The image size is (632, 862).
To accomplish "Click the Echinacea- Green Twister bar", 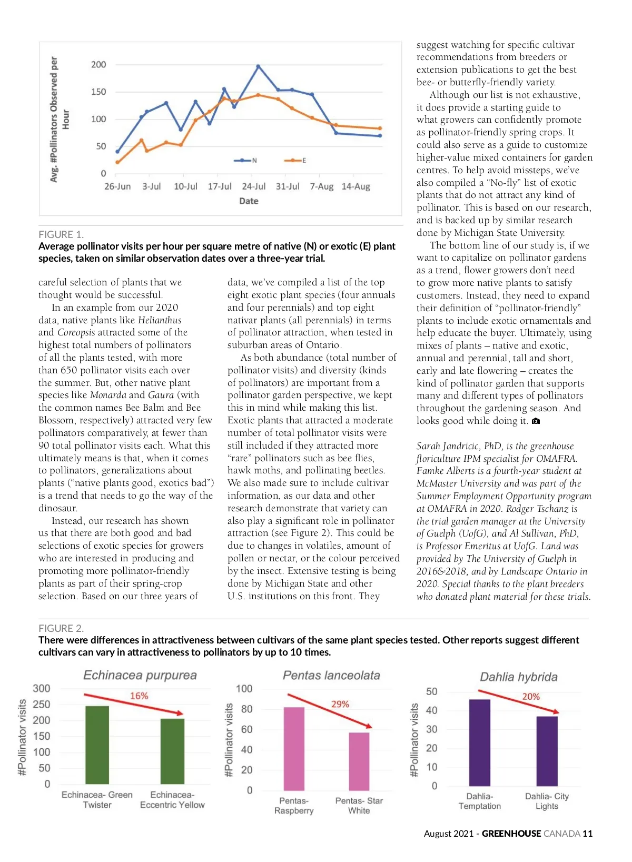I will pos(97,745).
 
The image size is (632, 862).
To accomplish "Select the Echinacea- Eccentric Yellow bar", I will pos(172,751).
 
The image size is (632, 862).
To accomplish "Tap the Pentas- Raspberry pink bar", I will pos(294,748).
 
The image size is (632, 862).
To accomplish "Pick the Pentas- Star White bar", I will pos(359,761).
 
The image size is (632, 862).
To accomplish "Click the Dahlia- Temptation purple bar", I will pos(479,742).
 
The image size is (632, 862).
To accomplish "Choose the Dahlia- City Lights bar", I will pos(547,751).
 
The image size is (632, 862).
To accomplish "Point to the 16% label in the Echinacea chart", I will pos(139,696).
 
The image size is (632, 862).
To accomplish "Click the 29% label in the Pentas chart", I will pos(340,704).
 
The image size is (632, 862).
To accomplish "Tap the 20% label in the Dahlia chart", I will pos(530,696).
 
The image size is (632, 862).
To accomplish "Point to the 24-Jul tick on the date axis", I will pos(253,186).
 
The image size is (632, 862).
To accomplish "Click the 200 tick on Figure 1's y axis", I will pos(98,64).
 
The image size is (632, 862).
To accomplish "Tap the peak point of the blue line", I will pos(258,66).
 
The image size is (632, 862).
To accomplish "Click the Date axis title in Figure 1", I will pos(249,201).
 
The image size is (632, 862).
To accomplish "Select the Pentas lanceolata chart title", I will pos(331,675).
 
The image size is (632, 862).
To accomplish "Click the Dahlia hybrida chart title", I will pos(518,677).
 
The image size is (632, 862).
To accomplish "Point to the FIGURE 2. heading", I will pos(61,628).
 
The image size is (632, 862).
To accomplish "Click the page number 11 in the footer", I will pos(587,833).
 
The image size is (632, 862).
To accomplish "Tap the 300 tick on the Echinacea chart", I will pos(42,688).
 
